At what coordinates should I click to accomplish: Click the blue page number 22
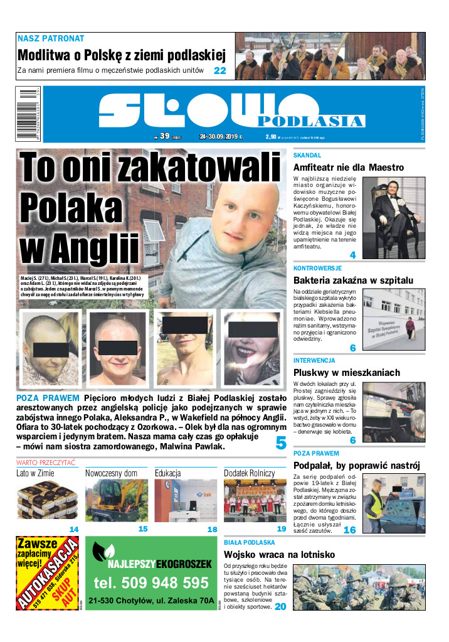[x=219, y=71]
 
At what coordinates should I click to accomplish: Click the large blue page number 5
[x=280, y=443]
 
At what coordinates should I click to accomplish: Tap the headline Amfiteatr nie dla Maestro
[x=348, y=168]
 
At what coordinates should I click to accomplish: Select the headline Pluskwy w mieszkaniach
[x=346, y=373]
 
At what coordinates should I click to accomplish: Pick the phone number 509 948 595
[x=151, y=582]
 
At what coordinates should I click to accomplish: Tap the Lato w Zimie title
[x=35, y=473]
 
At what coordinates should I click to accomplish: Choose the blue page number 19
[x=282, y=529]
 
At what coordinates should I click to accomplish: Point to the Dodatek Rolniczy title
[x=249, y=473]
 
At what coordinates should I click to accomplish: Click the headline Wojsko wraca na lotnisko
[x=346, y=555]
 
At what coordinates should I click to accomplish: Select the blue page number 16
[x=349, y=530]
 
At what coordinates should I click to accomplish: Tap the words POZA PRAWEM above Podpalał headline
[x=316, y=452]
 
